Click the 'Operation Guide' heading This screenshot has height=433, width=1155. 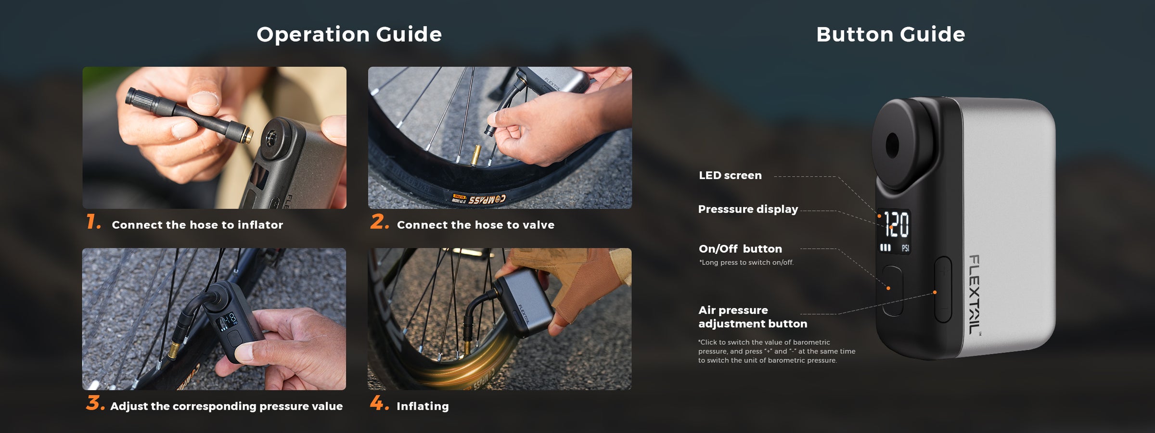pyautogui.click(x=349, y=34)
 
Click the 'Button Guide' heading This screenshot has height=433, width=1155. pyautogui.click(x=891, y=34)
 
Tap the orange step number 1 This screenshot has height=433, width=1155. pyautogui.click(x=93, y=222)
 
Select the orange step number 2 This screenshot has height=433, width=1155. pyautogui.click(x=380, y=222)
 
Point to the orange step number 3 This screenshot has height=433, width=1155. pyautogui.click(x=95, y=403)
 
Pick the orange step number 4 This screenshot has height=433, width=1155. pyautogui.click(x=380, y=403)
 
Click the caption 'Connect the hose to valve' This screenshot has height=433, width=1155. pyautogui.click(x=475, y=225)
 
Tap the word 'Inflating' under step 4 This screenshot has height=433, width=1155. pyautogui.click(x=423, y=407)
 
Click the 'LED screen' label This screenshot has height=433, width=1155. pyautogui.click(x=730, y=175)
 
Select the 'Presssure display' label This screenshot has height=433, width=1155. pyautogui.click(x=748, y=209)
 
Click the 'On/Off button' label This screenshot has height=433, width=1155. pyautogui.click(x=740, y=249)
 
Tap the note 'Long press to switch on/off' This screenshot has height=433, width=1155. pyautogui.click(x=746, y=262)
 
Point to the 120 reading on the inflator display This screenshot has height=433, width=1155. pyautogui.click(x=896, y=225)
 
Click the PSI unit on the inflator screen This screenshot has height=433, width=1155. pyautogui.click(x=905, y=248)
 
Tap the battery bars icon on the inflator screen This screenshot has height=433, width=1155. pyautogui.click(x=885, y=248)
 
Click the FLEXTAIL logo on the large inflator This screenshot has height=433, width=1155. pyautogui.click(x=975, y=294)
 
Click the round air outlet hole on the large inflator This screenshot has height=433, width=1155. pyautogui.click(x=892, y=145)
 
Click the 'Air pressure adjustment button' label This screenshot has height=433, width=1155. pyautogui.click(x=753, y=317)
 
